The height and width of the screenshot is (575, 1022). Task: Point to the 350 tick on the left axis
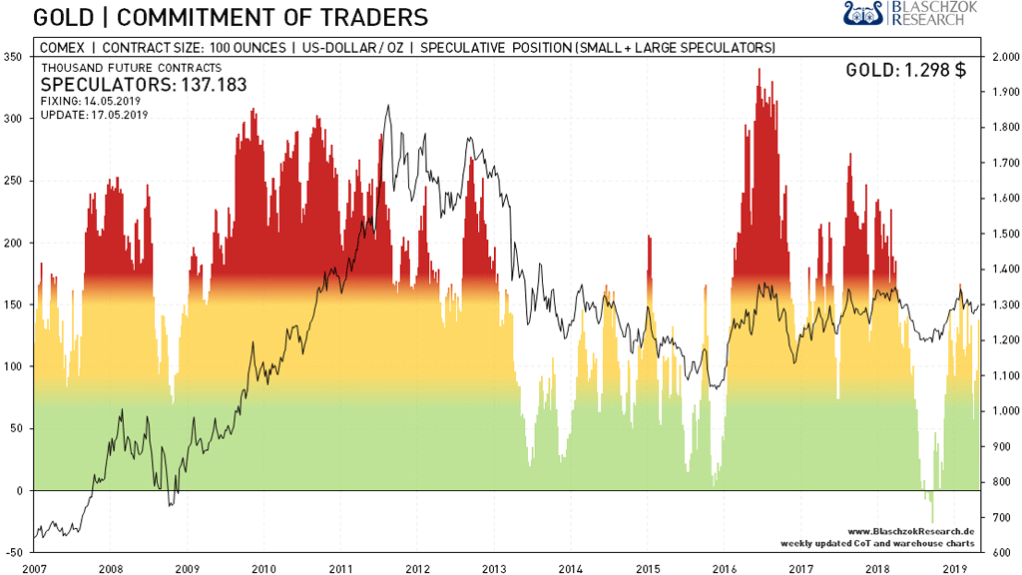13,57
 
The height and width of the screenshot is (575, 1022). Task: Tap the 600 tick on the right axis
1000,552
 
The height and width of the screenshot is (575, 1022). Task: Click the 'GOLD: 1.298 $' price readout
905,70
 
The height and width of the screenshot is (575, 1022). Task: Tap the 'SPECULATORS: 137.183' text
143,85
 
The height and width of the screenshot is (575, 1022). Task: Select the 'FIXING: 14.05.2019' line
92,102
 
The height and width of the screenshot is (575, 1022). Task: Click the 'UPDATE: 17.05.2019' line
93,115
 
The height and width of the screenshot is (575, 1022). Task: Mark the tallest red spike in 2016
760,72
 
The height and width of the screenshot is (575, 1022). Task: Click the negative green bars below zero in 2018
931,504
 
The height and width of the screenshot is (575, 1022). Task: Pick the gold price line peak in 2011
387,106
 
